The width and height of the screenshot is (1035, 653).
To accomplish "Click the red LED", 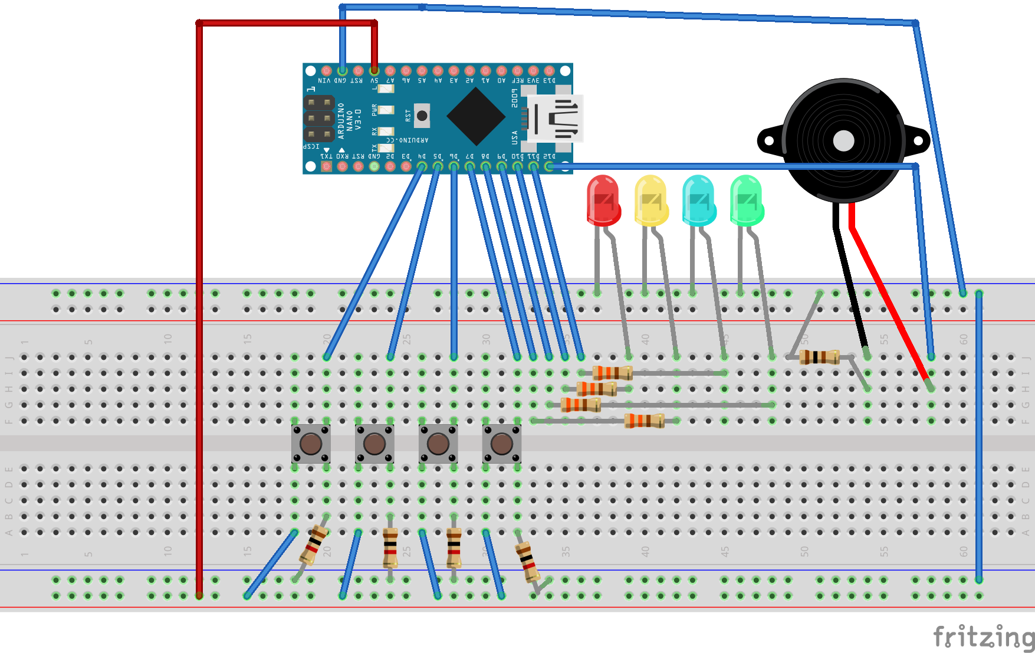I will click(x=603, y=201).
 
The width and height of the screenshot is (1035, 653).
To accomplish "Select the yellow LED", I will click(x=650, y=201).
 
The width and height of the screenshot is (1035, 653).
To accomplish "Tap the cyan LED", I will click(x=698, y=201).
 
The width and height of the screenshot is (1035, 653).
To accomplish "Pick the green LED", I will click(x=746, y=201).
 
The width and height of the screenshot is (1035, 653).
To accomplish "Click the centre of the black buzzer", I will click(x=843, y=141).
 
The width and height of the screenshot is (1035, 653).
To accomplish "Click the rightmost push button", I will click(x=501, y=444).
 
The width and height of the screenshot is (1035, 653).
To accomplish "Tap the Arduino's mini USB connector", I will click(x=554, y=118).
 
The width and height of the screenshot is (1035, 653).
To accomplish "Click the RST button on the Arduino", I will click(x=422, y=116).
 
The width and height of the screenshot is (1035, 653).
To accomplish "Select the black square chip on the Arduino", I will click(x=476, y=116).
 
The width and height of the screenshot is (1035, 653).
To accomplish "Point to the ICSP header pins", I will click(x=318, y=119).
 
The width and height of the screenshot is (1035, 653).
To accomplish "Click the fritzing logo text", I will click(x=983, y=637).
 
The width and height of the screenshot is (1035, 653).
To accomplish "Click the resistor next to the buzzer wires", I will click(x=819, y=357).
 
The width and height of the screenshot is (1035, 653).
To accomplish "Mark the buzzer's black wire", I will click(x=849, y=283).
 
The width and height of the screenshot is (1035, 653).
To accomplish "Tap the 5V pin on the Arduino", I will click(x=374, y=71).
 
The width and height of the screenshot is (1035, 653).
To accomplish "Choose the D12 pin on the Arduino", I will click(x=549, y=167).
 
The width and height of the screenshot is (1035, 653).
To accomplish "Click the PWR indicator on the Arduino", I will click(x=385, y=110).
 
